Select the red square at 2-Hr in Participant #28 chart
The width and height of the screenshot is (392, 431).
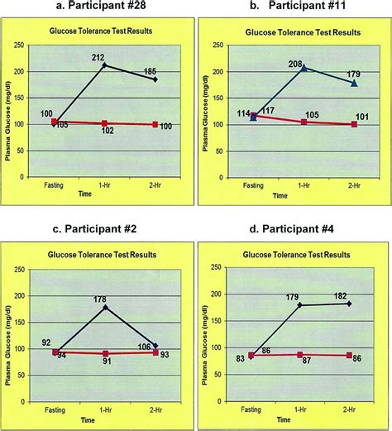click(154, 124)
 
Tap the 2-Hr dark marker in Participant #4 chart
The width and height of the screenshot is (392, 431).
click(351, 304)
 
